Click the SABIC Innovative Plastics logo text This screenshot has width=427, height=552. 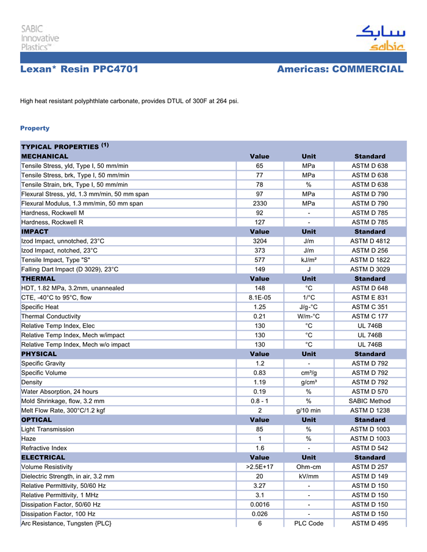pyautogui.click(x=40, y=37)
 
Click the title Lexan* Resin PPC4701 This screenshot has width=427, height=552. pyautogui.click(x=79, y=70)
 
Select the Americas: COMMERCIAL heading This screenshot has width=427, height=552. pyautogui.click(x=340, y=70)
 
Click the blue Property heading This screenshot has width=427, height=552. pyautogui.click(x=35, y=128)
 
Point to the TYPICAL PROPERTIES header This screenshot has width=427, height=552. pyautogui.click(x=60, y=147)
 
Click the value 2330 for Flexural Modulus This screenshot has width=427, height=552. pyautogui.click(x=259, y=203)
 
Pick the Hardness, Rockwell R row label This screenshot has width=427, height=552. pyautogui.click(x=52, y=222)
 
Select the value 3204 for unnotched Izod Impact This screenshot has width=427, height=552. pyautogui.click(x=259, y=241)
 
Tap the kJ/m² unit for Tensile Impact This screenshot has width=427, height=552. pyautogui.click(x=309, y=260)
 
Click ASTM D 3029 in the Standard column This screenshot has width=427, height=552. pyautogui.click(x=370, y=269)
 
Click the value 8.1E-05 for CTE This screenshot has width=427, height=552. pyautogui.click(x=259, y=298)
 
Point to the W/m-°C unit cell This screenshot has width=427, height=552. pyautogui.click(x=309, y=317)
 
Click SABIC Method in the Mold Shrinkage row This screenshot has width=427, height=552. pyautogui.click(x=370, y=401)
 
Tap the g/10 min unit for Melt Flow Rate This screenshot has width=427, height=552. pyautogui.click(x=309, y=410)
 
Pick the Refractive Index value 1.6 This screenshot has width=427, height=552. pyautogui.click(x=259, y=448)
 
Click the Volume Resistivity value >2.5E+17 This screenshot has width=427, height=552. pyautogui.click(x=259, y=467)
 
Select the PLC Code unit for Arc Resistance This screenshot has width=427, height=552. pyautogui.click(x=309, y=523)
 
